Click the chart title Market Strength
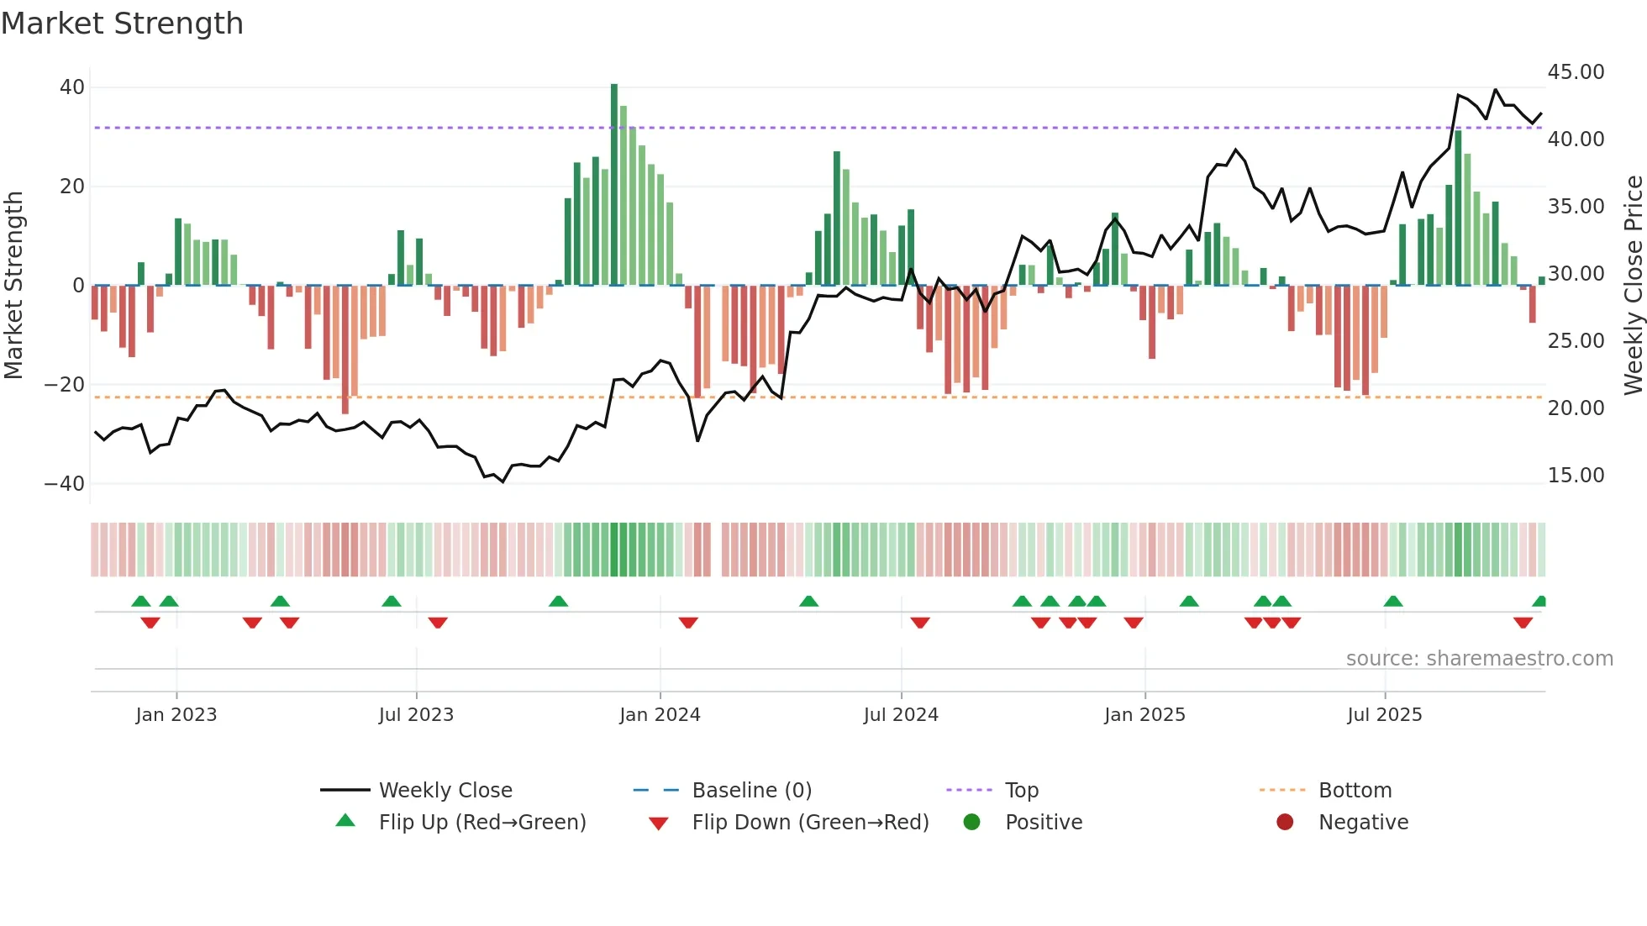[122, 24]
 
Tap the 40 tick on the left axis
[72, 87]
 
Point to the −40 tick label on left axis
[65, 484]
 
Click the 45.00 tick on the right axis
[1576, 72]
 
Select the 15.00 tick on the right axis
[1576, 476]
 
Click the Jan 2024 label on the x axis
[660, 715]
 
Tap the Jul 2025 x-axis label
[1384, 715]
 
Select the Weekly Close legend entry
[445, 791]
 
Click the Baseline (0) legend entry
[751, 791]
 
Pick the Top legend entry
[1021, 791]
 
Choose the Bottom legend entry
[1355, 791]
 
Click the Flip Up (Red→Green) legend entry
[481, 823]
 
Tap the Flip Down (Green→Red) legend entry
[810, 823]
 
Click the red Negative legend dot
[1285, 823]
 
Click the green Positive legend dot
[972, 823]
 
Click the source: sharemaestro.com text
[1479, 659]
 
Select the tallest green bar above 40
[614, 185]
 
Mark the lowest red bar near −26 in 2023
[345, 349]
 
